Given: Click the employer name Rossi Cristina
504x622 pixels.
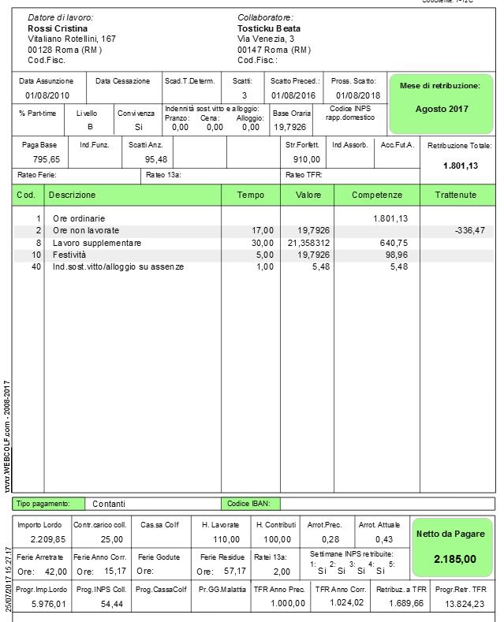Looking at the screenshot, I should pyautogui.click(x=58, y=28).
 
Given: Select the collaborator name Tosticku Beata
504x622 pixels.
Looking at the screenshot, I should pyautogui.click(x=269, y=28).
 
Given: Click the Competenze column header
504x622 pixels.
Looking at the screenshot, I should pyautogui.click(x=376, y=195).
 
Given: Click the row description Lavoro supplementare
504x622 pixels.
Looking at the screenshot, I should pyautogui.click(x=97, y=243).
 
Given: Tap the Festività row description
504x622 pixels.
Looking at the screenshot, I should pyautogui.click(x=69, y=255).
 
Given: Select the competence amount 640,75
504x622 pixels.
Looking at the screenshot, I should pyautogui.click(x=393, y=243).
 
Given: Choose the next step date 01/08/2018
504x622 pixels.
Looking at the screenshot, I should pyautogui.click(x=357, y=95).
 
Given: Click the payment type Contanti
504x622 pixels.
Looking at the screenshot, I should pyautogui.click(x=109, y=504).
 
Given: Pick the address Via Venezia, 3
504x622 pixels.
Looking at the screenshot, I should pyautogui.click(x=266, y=39).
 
